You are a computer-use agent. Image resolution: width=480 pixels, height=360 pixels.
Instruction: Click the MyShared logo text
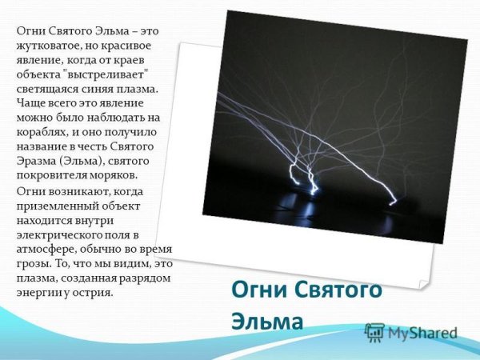coord(422,333)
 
